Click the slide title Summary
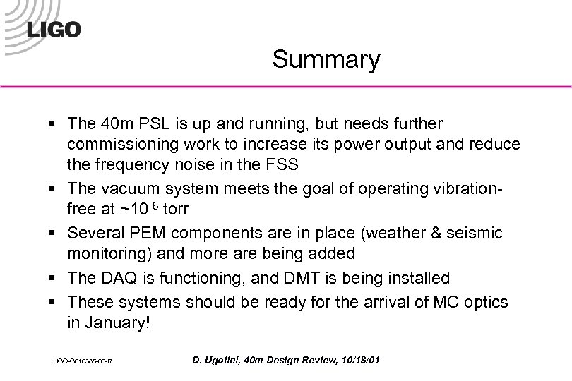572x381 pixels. pyautogui.click(x=326, y=60)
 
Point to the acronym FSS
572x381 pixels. pyautogui.click(x=282, y=164)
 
